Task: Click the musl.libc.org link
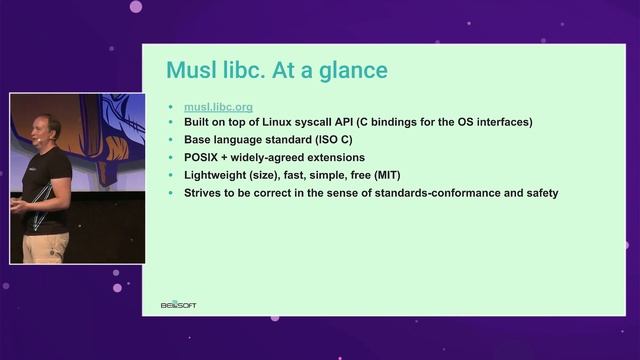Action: (x=219, y=106)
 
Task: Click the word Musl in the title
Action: (x=190, y=71)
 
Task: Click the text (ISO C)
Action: (x=331, y=139)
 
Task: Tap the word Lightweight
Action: (x=217, y=175)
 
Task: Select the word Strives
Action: (x=204, y=192)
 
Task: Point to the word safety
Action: (x=536, y=192)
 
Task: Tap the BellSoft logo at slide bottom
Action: (x=179, y=304)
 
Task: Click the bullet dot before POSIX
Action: (x=172, y=157)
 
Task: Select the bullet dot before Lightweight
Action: (x=172, y=175)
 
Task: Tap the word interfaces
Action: (x=496, y=122)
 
